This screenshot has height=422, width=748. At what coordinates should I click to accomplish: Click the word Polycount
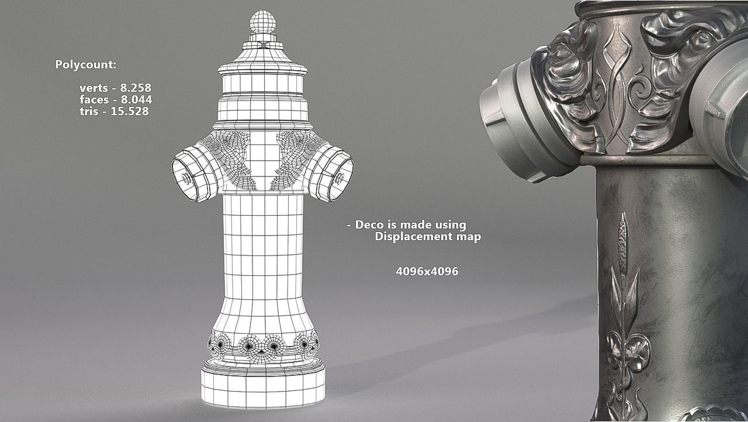point(85,65)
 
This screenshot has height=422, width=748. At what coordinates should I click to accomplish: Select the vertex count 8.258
point(136,88)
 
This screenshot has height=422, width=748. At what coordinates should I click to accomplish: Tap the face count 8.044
point(136,100)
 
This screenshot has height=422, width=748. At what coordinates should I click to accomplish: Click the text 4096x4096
point(427,272)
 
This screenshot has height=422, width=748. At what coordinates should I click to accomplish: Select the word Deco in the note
point(369,225)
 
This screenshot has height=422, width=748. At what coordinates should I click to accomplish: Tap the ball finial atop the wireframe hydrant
point(263,22)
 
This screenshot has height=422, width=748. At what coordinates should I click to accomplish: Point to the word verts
point(93,88)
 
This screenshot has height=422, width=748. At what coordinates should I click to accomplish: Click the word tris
point(88,112)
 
